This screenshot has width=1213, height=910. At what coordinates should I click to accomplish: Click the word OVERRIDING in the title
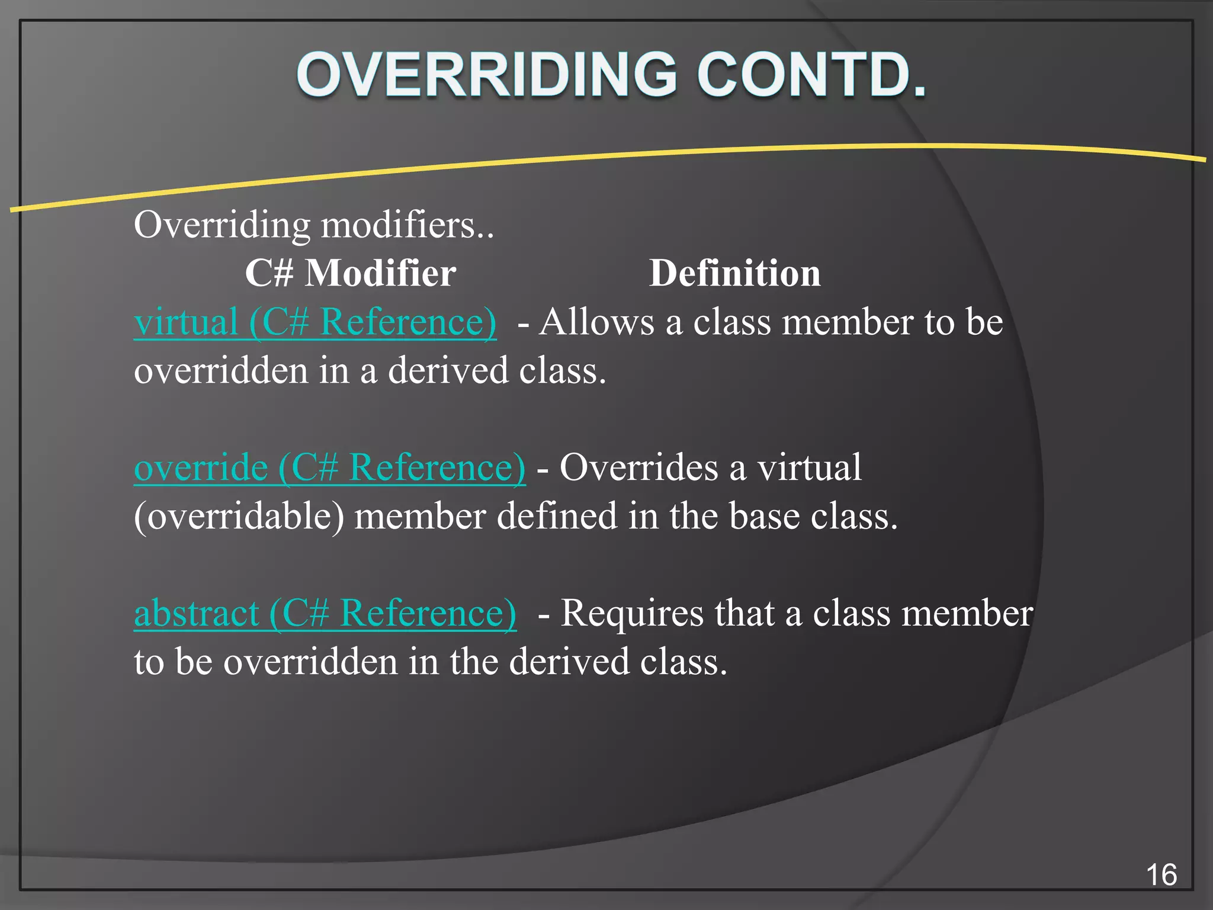[x=486, y=75]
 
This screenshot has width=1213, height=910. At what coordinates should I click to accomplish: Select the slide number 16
[x=1161, y=875]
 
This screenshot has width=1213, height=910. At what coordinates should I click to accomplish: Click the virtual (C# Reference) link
[x=315, y=322]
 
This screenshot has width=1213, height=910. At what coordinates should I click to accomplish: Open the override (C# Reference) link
[x=329, y=468]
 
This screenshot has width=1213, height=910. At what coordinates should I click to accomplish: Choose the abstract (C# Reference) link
[x=325, y=613]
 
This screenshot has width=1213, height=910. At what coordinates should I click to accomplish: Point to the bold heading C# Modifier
[x=350, y=274]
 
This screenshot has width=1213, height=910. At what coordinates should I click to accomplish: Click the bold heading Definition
[x=734, y=274]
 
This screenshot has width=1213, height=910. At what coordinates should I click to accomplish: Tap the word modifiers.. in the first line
[x=407, y=226]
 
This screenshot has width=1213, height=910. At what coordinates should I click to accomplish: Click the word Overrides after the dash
[x=638, y=468]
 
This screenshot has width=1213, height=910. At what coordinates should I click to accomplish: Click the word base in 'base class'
[x=764, y=517]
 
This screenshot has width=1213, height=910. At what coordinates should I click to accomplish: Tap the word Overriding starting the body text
[x=222, y=226]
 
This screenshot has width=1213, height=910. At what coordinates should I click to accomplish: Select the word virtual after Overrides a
[x=810, y=468]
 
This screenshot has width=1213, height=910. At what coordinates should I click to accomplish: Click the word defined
[x=556, y=517]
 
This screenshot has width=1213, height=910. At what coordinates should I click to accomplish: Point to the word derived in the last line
[x=569, y=662]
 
